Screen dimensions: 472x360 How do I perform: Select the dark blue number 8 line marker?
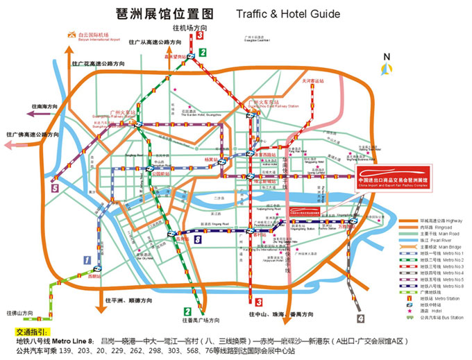click(198, 239)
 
